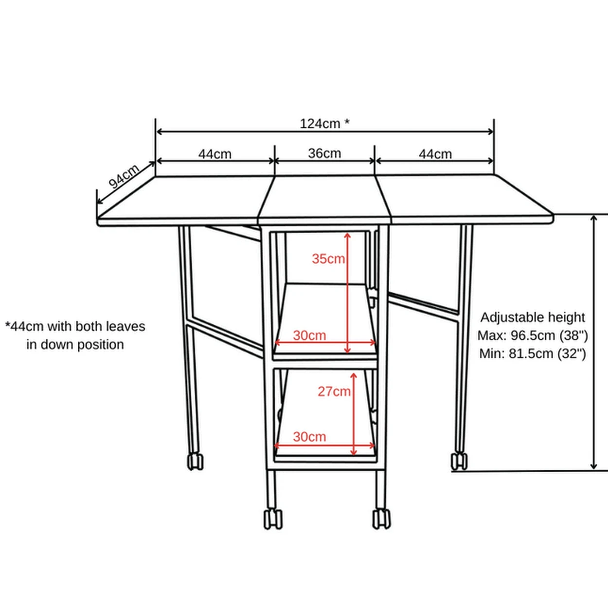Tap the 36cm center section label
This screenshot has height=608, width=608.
[x=324, y=153]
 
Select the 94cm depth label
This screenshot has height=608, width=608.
[x=124, y=176]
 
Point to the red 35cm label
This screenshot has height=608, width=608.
[x=328, y=259]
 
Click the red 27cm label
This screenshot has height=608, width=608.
[x=334, y=391]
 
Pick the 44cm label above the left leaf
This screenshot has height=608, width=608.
[x=215, y=154]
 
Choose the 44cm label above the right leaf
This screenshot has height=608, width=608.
[x=435, y=154]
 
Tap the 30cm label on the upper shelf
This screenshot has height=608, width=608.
[x=309, y=335]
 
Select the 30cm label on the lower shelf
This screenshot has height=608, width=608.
[x=309, y=436]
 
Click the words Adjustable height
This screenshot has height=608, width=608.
[x=533, y=317]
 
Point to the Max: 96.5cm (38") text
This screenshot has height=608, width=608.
[x=533, y=336]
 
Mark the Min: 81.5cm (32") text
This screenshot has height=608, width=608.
[x=533, y=354]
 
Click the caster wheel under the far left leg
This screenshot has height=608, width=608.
[x=195, y=462]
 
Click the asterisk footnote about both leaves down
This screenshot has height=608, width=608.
[x=75, y=335]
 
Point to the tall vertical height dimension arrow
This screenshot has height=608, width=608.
[x=593, y=340]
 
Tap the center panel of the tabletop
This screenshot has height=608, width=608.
[x=324, y=197]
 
